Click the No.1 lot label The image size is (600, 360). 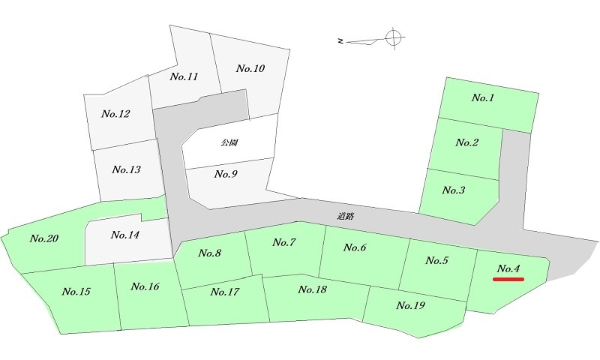(x=483, y=98)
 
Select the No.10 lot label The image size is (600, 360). (x=250, y=68)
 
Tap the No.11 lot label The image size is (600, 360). (x=184, y=76)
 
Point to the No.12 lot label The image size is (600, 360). (x=115, y=113)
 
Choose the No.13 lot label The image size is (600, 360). (x=126, y=169)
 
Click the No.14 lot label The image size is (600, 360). (x=124, y=235)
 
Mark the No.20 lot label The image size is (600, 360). (x=44, y=238)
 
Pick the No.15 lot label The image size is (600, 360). (x=76, y=292)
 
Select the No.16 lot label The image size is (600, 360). (x=145, y=286)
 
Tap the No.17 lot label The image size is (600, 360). (x=224, y=292)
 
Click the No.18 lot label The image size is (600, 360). (x=312, y=289)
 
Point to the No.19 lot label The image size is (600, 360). (x=410, y=305)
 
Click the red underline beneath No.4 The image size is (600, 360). (x=508, y=279)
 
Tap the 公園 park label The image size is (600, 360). (x=230, y=142)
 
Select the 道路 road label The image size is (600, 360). (x=346, y=217)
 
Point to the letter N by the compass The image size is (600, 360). (x=340, y=41)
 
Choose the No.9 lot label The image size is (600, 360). (x=226, y=174)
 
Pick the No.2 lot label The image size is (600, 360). (x=466, y=142)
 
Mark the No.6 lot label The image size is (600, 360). (x=355, y=247)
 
